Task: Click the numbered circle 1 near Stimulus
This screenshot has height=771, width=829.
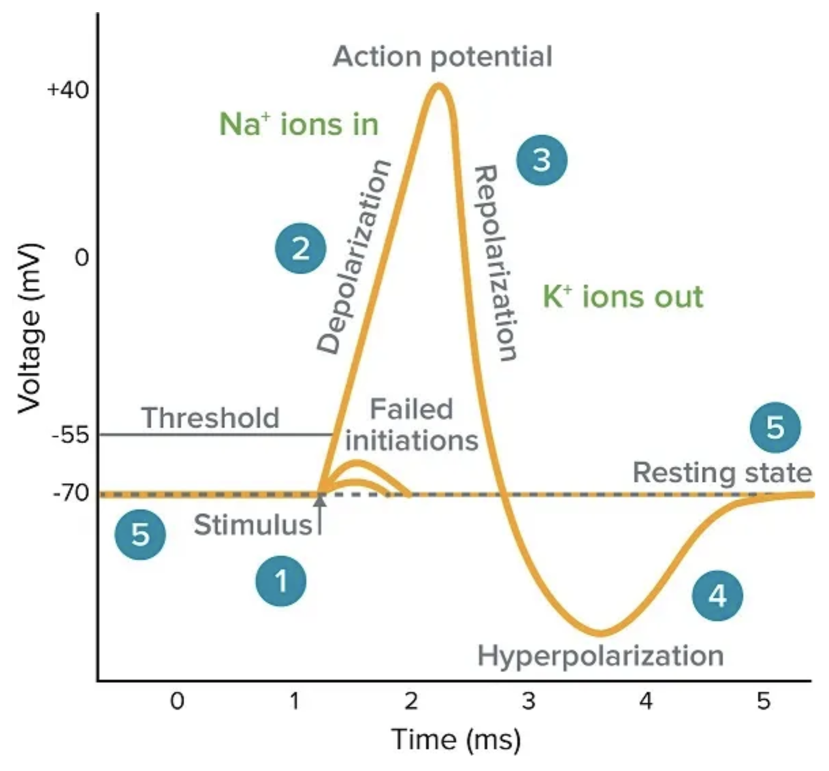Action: point(280,582)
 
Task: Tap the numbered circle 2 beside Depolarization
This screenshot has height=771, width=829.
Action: point(301,249)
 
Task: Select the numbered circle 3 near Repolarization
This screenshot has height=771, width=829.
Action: point(541,160)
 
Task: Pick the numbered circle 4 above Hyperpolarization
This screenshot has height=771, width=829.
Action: point(717,596)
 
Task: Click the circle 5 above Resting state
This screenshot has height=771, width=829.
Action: point(775,428)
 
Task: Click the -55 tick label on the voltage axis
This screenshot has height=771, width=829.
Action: point(71,435)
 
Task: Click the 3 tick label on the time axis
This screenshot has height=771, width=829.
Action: point(528,700)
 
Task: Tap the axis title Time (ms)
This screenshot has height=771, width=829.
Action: point(456,739)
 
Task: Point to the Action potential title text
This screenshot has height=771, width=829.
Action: point(442,57)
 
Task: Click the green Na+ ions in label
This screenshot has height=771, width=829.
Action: point(299,125)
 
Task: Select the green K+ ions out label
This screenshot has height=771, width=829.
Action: point(623,297)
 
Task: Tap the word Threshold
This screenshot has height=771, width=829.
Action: point(210,418)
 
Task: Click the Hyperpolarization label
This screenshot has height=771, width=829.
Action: point(600,656)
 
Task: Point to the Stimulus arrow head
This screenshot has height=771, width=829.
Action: point(320,499)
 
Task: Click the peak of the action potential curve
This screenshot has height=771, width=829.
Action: point(439,85)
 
